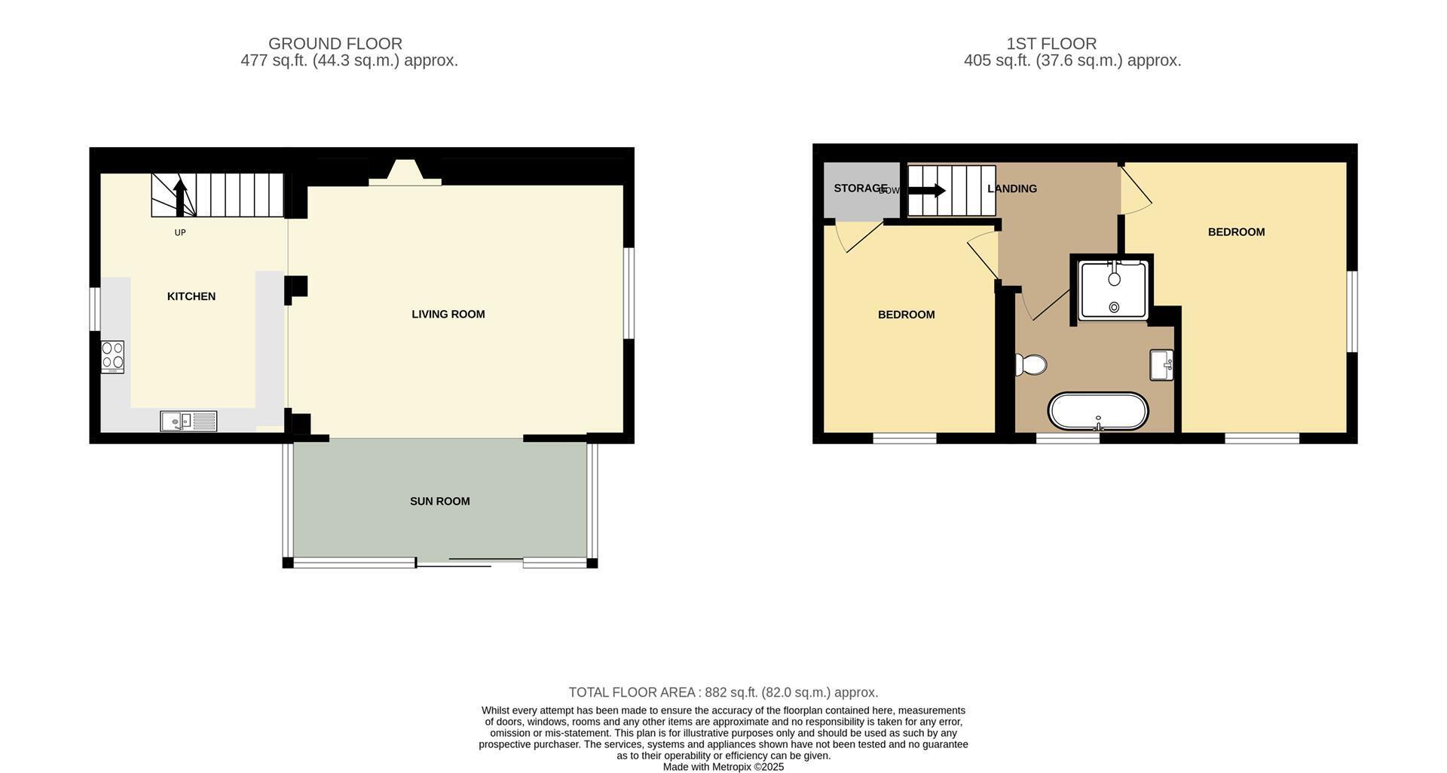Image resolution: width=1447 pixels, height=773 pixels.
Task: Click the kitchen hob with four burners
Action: [112, 357]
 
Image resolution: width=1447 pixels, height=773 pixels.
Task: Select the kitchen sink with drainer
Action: [188, 421]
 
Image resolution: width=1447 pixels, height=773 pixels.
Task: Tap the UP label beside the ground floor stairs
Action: [180, 233]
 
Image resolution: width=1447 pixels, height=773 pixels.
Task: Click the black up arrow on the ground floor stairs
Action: [179, 197]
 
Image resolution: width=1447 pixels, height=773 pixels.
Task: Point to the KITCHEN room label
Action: [191, 296]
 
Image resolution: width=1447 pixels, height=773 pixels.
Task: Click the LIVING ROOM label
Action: [448, 314]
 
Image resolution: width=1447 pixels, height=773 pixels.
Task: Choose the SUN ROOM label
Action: [440, 502]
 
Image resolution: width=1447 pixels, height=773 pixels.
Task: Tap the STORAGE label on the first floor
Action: [861, 189]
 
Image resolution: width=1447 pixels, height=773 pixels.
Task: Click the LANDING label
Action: [1012, 189]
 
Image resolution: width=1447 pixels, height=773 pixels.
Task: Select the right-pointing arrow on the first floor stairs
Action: [927, 191]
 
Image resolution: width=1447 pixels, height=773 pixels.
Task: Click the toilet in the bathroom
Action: [1030, 365]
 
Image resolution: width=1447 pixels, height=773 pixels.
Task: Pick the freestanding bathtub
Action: [1098, 412]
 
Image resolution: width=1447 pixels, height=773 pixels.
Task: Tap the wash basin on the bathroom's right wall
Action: [1161, 365]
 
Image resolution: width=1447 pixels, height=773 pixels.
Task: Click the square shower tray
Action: [1114, 290]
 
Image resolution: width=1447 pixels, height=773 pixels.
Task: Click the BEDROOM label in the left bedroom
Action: [907, 315]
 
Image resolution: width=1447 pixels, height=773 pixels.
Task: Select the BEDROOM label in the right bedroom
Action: [1237, 232]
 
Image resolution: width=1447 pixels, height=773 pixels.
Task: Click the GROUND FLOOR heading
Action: [335, 44]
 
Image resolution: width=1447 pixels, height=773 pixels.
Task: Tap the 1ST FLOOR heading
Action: [1051, 44]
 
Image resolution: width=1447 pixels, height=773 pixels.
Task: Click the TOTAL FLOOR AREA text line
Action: [723, 692]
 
